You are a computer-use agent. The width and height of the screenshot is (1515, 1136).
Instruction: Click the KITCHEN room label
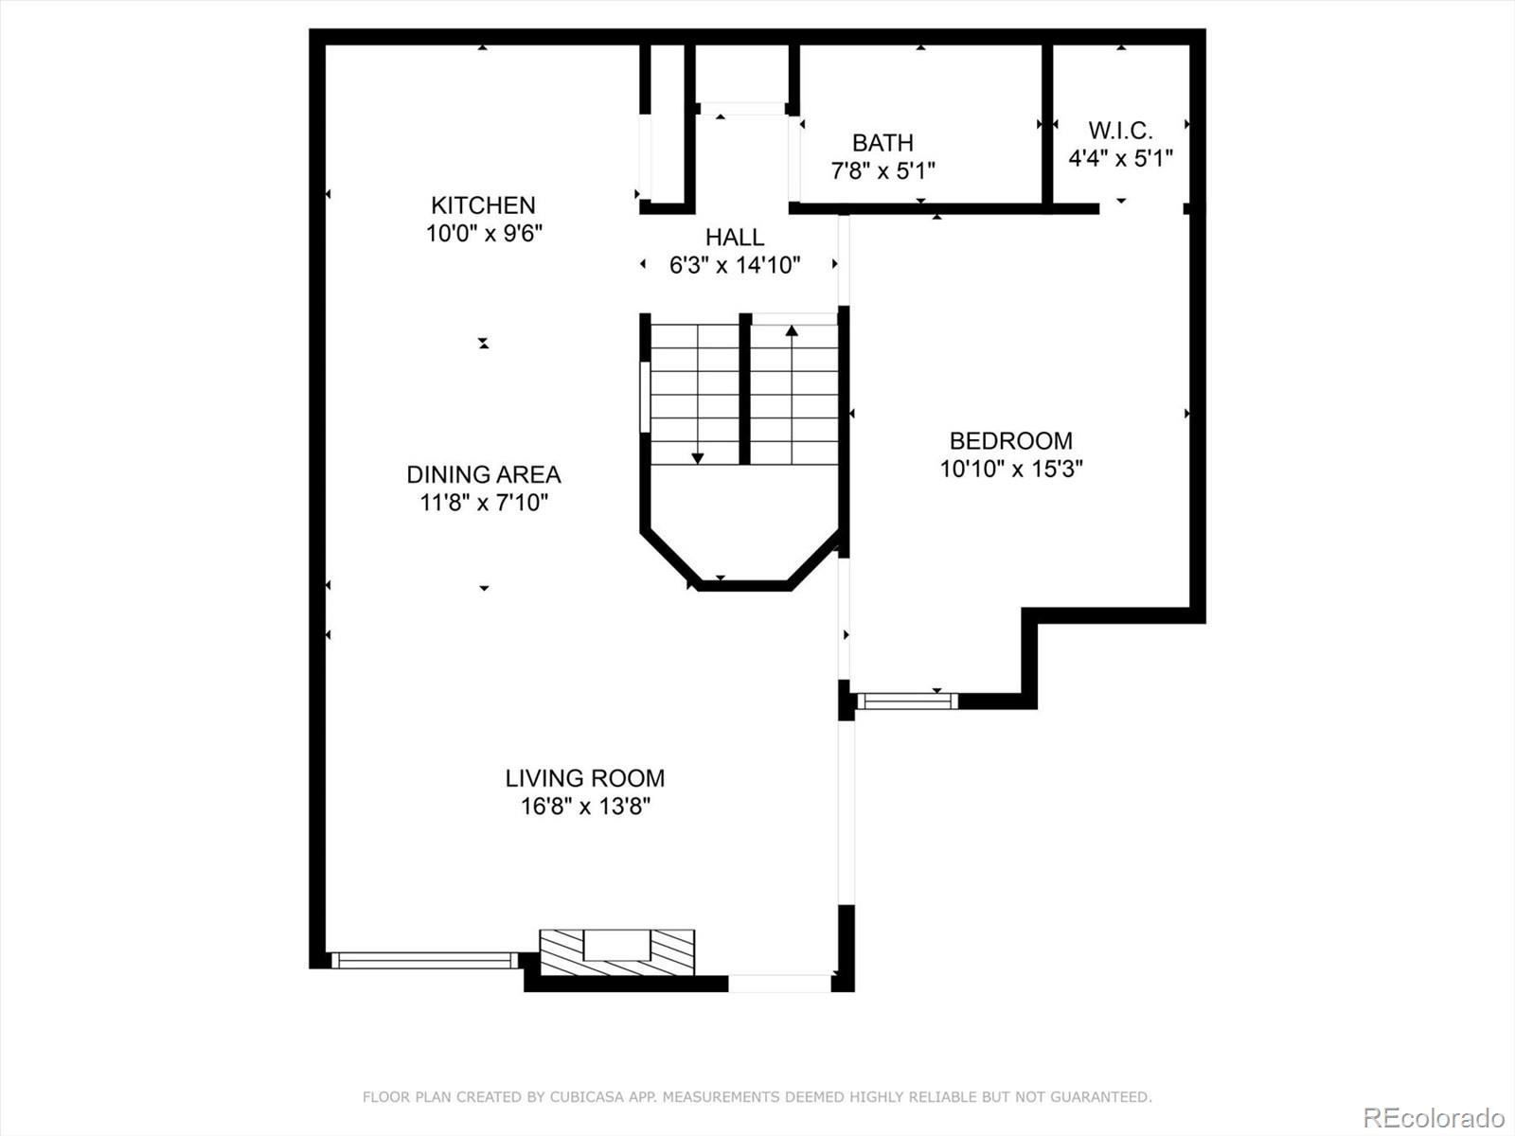[483, 205]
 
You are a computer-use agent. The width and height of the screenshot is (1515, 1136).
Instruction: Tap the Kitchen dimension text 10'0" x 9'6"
[483, 233]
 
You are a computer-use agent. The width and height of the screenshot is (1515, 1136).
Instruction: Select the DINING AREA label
[483, 474]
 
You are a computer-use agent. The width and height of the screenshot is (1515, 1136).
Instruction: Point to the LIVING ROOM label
[584, 778]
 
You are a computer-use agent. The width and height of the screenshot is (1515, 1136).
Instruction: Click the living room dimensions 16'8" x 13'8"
[584, 807]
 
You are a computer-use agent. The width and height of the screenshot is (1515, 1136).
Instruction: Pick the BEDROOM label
[1010, 440]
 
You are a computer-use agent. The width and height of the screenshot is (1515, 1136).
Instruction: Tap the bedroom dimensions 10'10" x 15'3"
[1010, 469]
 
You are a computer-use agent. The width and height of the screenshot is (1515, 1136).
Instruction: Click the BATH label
[882, 143]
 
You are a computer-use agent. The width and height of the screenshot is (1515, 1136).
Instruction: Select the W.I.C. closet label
[1120, 131]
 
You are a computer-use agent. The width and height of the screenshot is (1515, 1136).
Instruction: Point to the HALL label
[734, 238]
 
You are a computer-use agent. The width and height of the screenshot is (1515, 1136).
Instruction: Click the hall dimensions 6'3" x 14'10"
[734, 266]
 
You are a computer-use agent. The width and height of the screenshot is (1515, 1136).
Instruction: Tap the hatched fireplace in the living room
[616, 951]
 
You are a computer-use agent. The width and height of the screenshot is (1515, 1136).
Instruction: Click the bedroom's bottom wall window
[906, 701]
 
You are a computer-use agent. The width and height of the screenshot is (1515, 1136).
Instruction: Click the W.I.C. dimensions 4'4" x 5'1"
[1120, 158]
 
